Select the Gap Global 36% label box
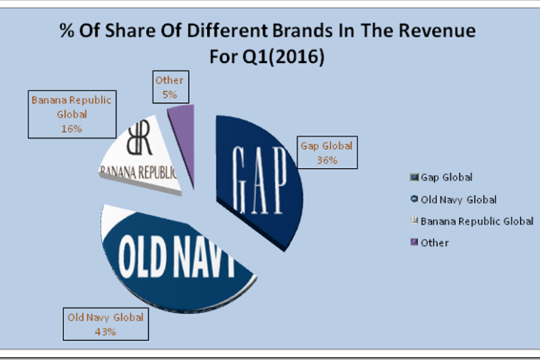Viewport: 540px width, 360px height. click(x=326, y=153)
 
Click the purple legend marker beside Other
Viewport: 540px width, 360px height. click(x=414, y=242)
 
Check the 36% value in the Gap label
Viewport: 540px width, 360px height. click(x=326, y=160)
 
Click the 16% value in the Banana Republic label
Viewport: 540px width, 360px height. click(x=72, y=128)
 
